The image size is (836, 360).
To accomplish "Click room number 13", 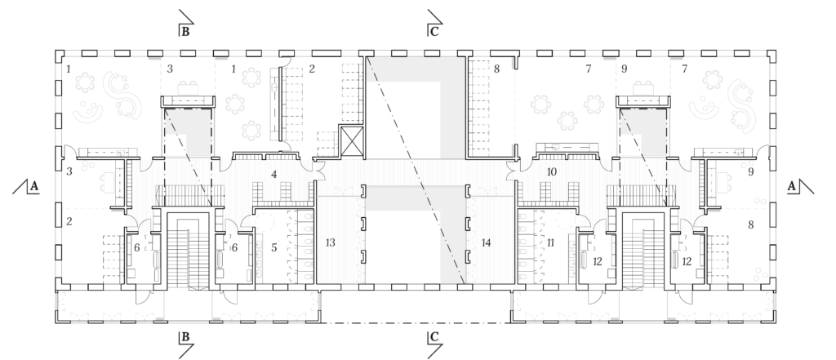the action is click(330, 242).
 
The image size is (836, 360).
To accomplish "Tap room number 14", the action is click(486, 242).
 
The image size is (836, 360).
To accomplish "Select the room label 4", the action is click(274, 174).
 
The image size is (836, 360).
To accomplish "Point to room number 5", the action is click(274, 247).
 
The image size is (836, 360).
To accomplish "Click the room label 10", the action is click(552, 171).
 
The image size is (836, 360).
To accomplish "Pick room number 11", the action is click(551, 242).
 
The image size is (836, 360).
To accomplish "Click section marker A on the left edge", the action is click(27, 186).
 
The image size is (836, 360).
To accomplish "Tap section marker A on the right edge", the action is click(799, 186).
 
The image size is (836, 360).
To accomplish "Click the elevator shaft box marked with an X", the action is click(351, 140).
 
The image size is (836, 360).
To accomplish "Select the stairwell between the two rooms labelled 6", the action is click(189, 250).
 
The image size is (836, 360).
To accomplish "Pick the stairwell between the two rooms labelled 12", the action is click(643, 250).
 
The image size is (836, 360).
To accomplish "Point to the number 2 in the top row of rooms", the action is click(312, 69).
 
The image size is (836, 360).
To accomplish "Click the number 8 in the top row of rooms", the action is click(497, 69).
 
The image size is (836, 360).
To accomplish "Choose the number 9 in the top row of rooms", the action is click(625, 69).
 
